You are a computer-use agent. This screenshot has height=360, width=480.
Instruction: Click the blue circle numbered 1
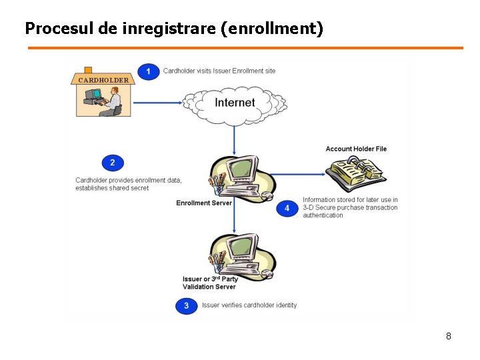click(149, 71)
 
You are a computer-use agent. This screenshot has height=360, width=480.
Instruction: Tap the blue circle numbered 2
click(113, 163)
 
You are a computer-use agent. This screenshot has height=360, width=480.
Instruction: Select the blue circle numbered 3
click(186, 305)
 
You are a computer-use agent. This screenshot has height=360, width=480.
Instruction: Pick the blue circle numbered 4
click(287, 208)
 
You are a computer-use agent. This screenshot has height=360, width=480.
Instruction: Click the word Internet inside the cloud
click(235, 102)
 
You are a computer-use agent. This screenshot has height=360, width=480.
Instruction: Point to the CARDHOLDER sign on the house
click(103, 80)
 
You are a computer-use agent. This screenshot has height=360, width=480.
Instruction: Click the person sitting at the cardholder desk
click(113, 103)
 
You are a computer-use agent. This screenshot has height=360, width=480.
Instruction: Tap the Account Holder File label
click(356, 149)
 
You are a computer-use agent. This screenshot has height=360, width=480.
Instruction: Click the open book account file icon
click(357, 175)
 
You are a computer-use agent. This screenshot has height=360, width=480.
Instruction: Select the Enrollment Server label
click(204, 203)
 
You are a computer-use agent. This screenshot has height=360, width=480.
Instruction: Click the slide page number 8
click(449, 336)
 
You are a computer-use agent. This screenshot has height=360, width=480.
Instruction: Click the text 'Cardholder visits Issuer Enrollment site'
click(219, 71)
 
